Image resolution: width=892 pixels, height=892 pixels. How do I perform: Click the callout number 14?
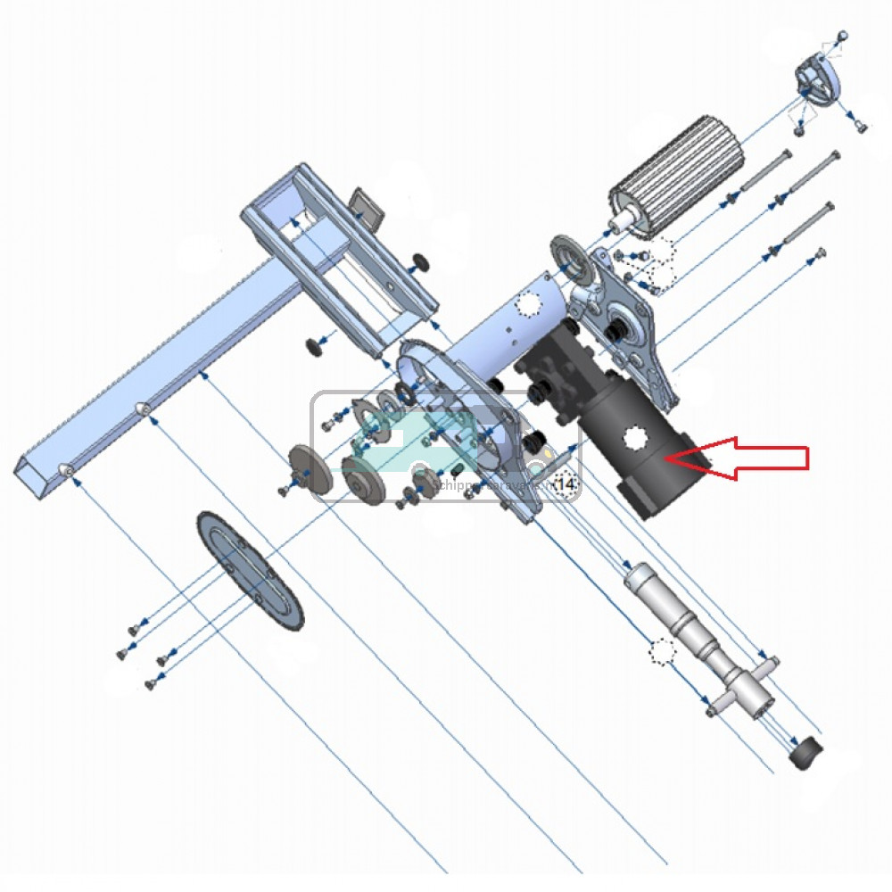pos(566,483)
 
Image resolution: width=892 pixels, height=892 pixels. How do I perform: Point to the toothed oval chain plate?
pos(251,571)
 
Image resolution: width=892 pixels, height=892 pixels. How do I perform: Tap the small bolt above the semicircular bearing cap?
pos(843,36)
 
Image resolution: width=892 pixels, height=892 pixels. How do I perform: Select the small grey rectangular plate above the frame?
pos(366,206)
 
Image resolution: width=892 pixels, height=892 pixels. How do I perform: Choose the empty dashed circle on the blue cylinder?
pos(530,306)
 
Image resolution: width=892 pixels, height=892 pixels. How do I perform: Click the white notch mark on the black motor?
pos(637,440)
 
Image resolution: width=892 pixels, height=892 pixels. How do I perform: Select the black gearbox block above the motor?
pos(557,375)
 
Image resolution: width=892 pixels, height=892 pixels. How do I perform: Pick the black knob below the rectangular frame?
pos(313,346)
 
